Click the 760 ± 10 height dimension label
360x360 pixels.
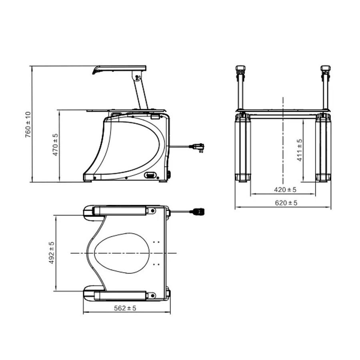(x=28, y=124)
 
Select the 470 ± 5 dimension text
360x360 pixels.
(x=56, y=145)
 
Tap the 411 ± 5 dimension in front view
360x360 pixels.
(x=299, y=150)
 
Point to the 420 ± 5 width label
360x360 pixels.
(x=282, y=190)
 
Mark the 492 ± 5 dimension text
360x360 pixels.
(x=51, y=253)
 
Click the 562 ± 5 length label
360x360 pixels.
(x=125, y=308)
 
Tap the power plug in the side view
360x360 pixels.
(x=198, y=147)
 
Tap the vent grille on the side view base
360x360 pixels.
(x=151, y=175)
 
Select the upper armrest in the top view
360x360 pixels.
(x=120, y=210)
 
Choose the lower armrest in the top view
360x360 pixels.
(x=120, y=295)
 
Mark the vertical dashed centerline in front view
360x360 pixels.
(x=283, y=140)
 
